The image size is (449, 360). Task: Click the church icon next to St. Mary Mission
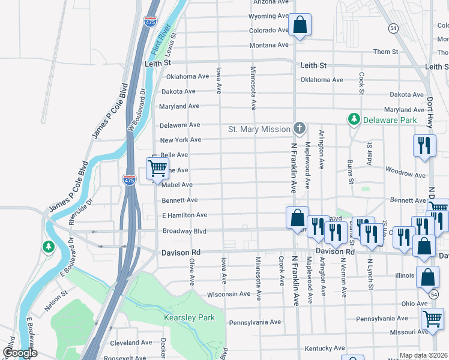(x=299, y=128)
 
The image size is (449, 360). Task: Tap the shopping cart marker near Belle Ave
(x=157, y=169)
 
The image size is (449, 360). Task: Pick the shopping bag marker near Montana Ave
(x=300, y=26)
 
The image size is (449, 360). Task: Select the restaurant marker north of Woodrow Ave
(x=424, y=146)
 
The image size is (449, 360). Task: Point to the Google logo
(x=19, y=353)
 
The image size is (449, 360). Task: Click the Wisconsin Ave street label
(x=228, y=295)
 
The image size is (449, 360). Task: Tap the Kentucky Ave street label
(x=324, y=348)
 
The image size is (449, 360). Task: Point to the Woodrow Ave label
(x=405, y=174)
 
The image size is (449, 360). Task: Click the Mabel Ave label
(x=176, y=185)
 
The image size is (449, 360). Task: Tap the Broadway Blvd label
(x=184, y=231)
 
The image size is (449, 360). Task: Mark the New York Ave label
(x=180, y=140)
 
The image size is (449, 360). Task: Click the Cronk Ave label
(x=281, y=272)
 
